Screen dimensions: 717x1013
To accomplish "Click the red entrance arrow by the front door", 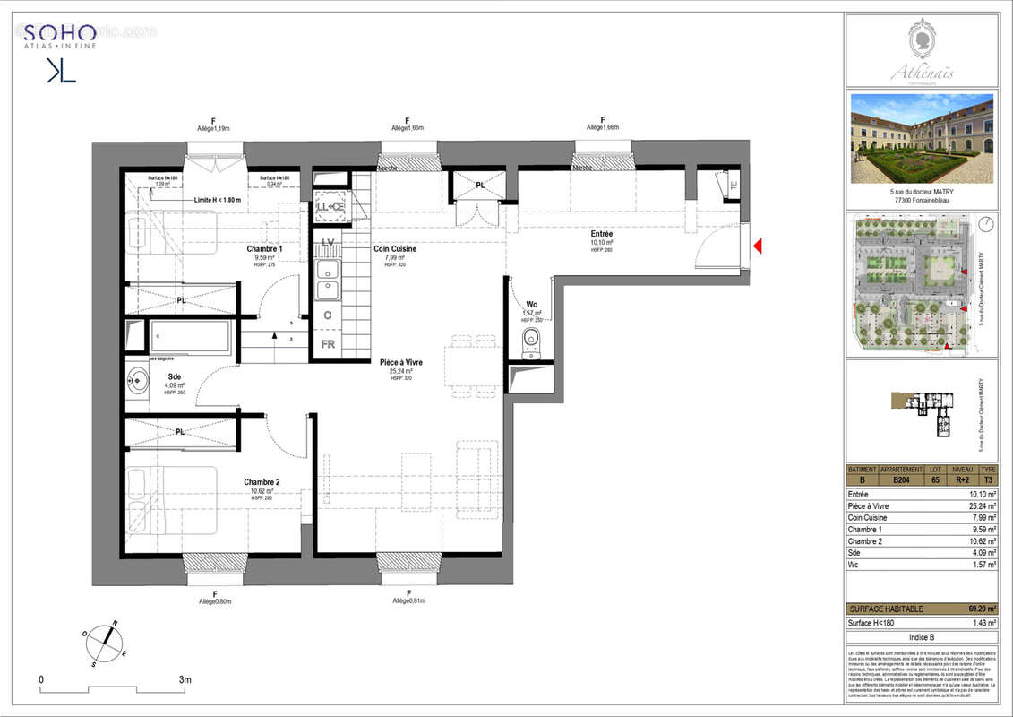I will point(758,245).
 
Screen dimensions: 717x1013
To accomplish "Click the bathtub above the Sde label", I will point(190,337).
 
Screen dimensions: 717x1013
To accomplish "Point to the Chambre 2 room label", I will point(262,482).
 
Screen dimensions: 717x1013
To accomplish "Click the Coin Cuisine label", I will point(394,249).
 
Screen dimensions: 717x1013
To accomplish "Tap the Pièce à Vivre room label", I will point(401,363).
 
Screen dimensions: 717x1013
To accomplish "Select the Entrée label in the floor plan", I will point(601,234).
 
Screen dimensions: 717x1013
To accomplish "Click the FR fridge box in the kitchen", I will point(328,344).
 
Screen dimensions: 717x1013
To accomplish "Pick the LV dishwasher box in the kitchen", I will point(328,243).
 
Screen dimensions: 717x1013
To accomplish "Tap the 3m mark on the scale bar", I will point(185,681).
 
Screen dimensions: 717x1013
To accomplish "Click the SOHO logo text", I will point(61,32).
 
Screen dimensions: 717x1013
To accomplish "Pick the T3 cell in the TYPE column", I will point(988,479).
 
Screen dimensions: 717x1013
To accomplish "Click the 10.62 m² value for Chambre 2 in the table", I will point(979,541).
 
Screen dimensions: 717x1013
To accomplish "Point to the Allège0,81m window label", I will point(408,601).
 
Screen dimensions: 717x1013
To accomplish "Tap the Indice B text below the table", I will point(922,637).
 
